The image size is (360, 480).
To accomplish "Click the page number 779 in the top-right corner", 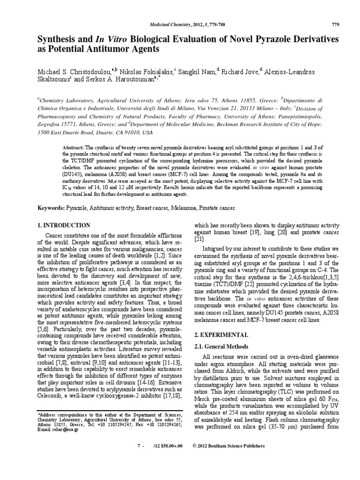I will pos(335,24).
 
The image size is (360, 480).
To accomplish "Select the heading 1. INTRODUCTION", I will pos(64,225).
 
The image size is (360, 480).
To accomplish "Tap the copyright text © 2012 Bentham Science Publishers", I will pos(229,446).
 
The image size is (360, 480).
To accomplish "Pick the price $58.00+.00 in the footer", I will pos(169,446).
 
